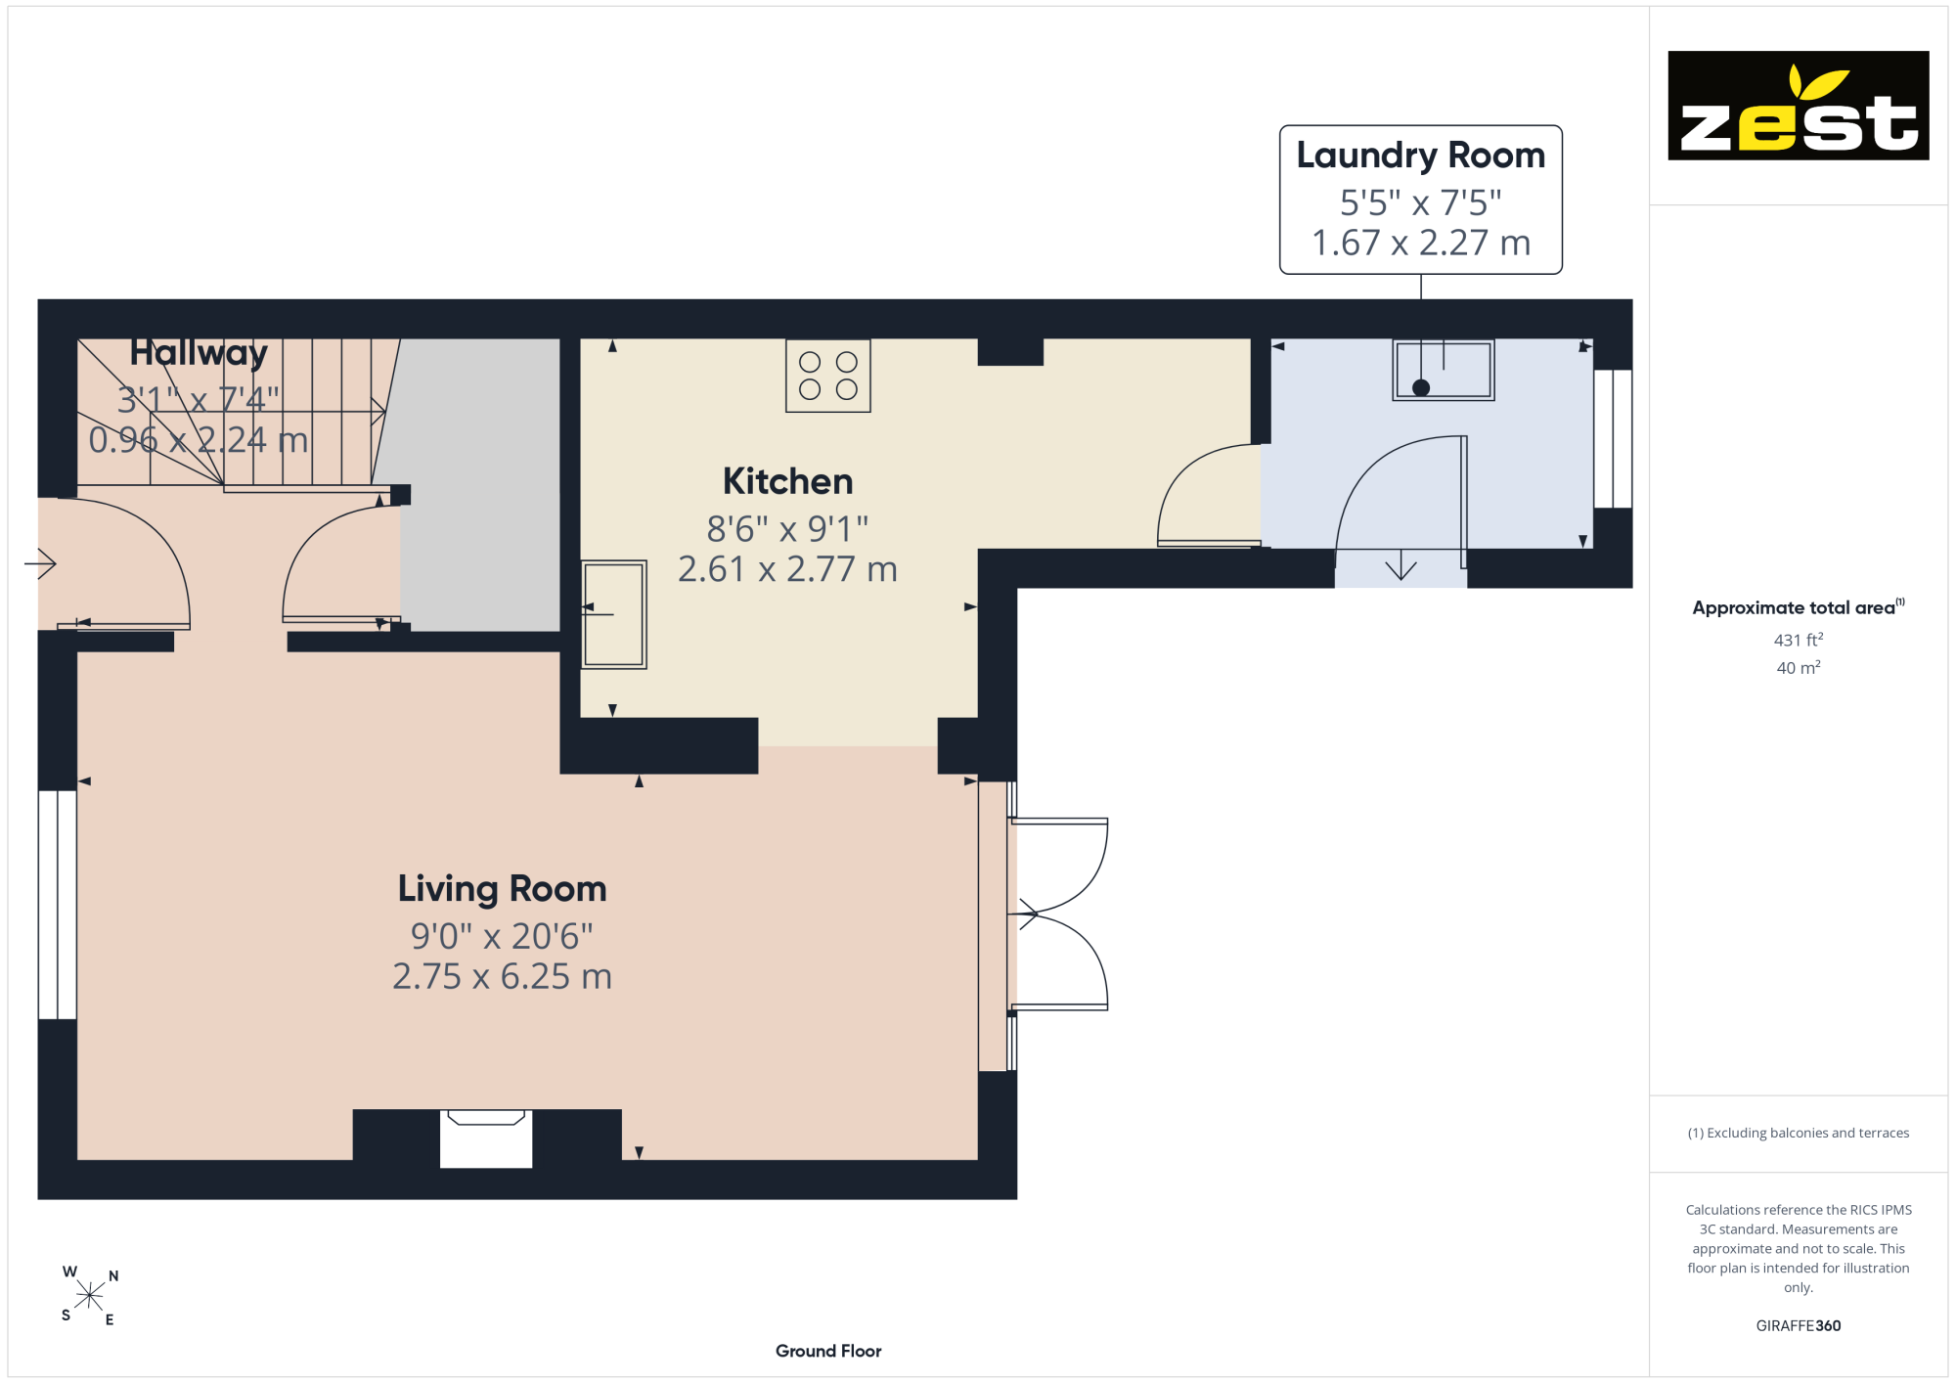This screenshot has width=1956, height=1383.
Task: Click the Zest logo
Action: pyautogui.click(x=1798, y=106)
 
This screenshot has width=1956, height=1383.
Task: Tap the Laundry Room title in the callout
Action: pyautogui.click(x=1420, y=156)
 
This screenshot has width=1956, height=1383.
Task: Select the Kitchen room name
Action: pyautogui.click(x=787, y=481)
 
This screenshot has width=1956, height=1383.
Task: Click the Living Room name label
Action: pyautogui.click(x=502, y=889)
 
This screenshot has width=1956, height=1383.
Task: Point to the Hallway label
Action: pyautogui.click(x=199, y=353)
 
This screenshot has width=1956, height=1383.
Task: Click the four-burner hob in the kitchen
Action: pyautogui.click(x=828, y=376)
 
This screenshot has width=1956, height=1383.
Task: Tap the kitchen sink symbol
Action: pyautogui.click(x=614, y=614)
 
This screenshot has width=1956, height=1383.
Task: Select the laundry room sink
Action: pyautogui.click(x=1444, y=370)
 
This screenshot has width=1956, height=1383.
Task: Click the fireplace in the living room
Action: pyautogui.click(x=486, y=1138)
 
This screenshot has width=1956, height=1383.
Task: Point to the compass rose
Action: pyautogui.click(x=89, y=1296)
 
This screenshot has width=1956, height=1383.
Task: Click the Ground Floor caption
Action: pyautogui.click(x=828, y=1351)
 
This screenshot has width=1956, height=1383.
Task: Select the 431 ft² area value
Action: pyautogui.click(x=1799, y=640)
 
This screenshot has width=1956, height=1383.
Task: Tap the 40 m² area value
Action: pyautogui.click(x=1799, y=668)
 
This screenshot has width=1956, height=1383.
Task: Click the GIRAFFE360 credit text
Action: pyautogui.click(x=1799, y=1326)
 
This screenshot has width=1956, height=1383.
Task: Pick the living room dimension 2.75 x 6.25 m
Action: pyautogui.click(x=502, y=976)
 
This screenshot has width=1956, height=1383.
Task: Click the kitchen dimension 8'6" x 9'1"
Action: pyautogui.click(x=787, y=529)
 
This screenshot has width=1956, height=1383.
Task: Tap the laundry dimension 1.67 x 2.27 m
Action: pyautogui.click(x=1420, y=243)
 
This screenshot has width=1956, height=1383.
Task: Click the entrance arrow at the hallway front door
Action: pyautogui.click(x=40, y=563)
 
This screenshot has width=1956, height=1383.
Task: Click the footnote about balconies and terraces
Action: pyautogui.click(x=1799, y=1133)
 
